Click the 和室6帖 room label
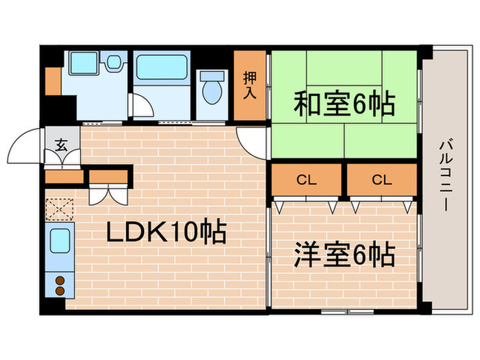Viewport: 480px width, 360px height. coord(344,105)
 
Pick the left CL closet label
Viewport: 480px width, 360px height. coord(306,180)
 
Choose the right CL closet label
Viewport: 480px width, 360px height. coord(381,180)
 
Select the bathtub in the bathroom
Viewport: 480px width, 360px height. coord(161,69)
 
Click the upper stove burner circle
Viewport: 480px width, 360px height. coord(60,280)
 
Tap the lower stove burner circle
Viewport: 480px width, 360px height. coord(60,291)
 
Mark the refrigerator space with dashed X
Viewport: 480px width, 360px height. coord(60,208)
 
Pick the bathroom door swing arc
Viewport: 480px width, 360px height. coord(141,108)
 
